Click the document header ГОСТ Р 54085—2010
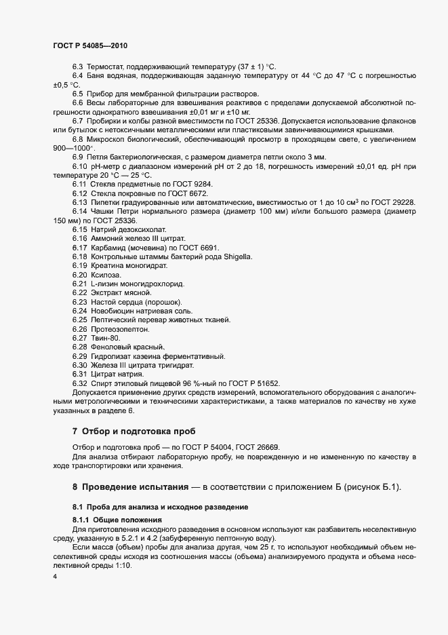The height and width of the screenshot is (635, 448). (x=90, y=45)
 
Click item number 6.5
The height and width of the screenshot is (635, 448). (x=78, y=93)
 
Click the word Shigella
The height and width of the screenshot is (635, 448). (x=232, y=256)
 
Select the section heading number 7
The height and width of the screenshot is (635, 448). (x=75, y=431)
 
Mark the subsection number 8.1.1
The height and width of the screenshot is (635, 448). (x=82, y=518)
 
